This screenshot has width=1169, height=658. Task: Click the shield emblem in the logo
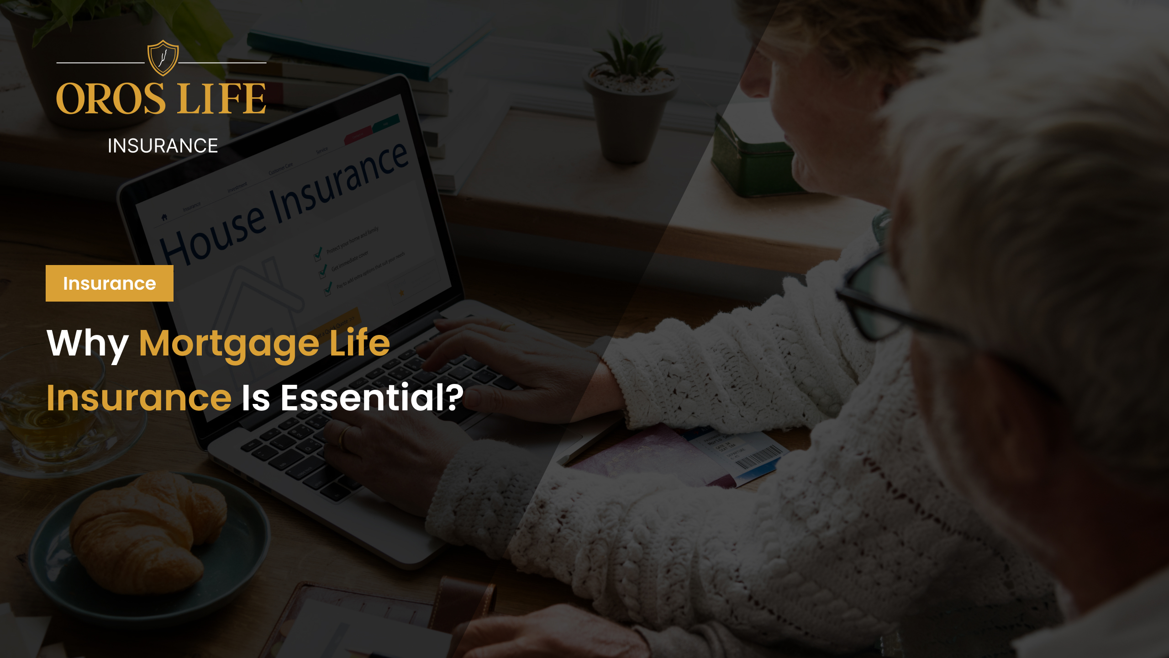click(163, 58)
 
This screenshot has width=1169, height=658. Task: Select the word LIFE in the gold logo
click(222, 99)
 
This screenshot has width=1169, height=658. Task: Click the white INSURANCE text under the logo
click(163, 146)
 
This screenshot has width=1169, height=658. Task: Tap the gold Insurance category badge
click(110, 283)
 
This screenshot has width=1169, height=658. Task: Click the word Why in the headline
click(87, 344)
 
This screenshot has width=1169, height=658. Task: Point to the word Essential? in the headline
click(372, 398)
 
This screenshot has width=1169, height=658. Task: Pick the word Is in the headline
click(256, 398)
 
